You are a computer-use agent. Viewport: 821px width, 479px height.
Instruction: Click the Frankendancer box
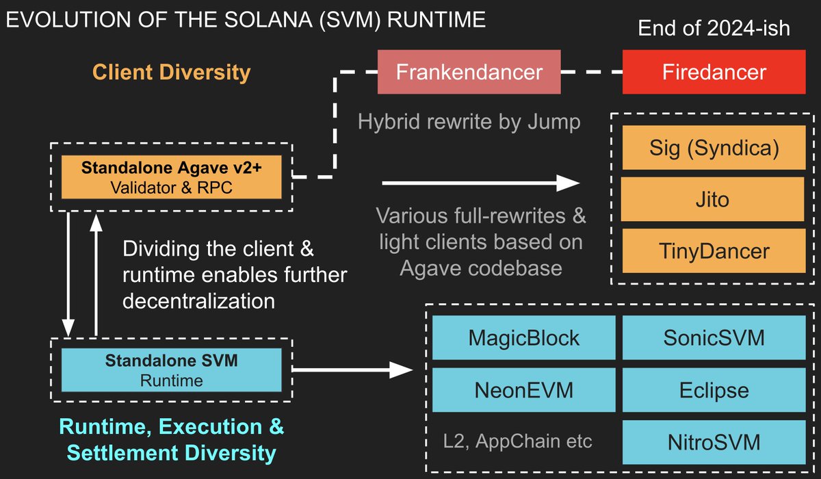click(469, 72)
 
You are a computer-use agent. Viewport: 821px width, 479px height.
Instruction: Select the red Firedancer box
click(714, 72)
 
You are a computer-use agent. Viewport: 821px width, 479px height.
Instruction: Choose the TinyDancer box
click(714, 250)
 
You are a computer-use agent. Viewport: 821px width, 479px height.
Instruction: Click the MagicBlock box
click(523, 337)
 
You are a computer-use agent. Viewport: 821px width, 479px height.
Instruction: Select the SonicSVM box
click(714, 337)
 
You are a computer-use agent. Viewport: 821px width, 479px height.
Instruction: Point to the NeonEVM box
click(523, 390)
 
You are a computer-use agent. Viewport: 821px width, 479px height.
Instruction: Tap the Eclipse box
click(714, 390)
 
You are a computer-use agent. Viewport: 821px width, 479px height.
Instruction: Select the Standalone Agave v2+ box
click(171, 178)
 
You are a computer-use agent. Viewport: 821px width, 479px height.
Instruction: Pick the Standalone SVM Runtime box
click(171, 370)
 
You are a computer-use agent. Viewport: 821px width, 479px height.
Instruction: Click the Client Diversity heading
click(171, 72)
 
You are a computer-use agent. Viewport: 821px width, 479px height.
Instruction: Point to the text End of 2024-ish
click(714, 29)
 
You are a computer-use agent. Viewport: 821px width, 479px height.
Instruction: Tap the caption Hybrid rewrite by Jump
click(469, 122)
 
